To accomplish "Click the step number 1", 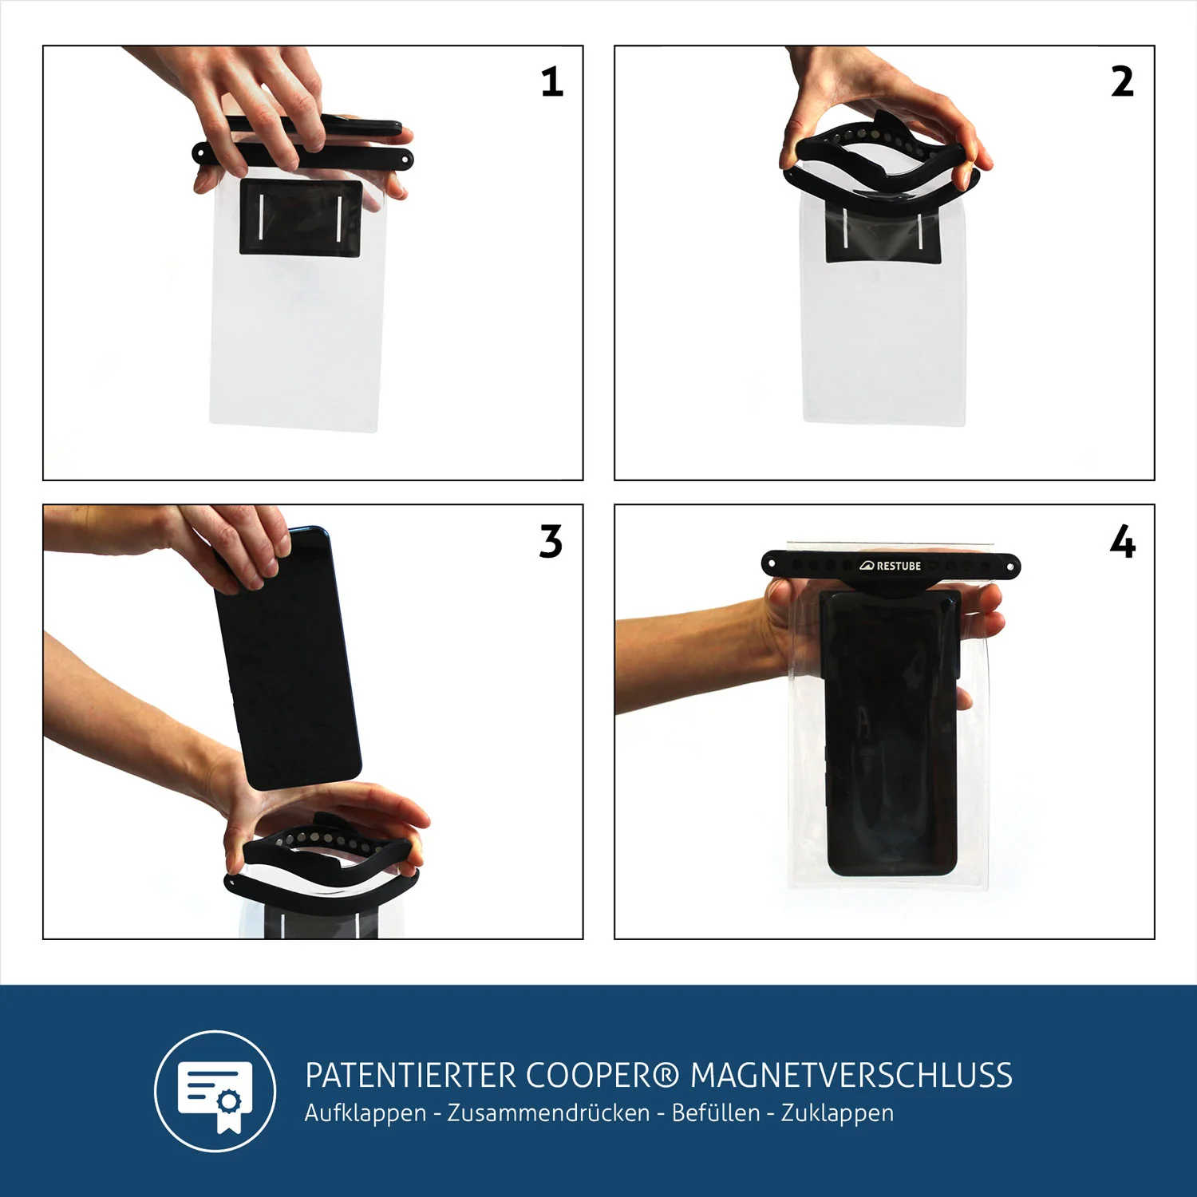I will tap(551, 82).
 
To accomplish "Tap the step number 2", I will tap(1122, 82).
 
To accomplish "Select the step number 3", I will tap(551, 542).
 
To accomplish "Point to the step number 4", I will tap(1122, 542).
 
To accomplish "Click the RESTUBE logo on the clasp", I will tap(891, 566).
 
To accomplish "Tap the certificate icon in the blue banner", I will tap(215, 1091).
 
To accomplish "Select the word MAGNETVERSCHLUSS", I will tap(851, 1076).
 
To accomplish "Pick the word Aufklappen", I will tap(365, 1113).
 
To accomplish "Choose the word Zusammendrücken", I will tap(548, 1113).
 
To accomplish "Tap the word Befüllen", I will tap(715, 1113).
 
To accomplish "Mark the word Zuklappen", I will tap(837, 1113).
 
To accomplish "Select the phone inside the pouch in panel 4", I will tap(890, 730).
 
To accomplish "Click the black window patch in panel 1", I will tap(301, 218).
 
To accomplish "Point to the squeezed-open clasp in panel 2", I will tap(881, 164).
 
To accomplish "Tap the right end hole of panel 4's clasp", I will tap(1010, 567).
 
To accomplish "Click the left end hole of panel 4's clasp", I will tap(771, 564).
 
